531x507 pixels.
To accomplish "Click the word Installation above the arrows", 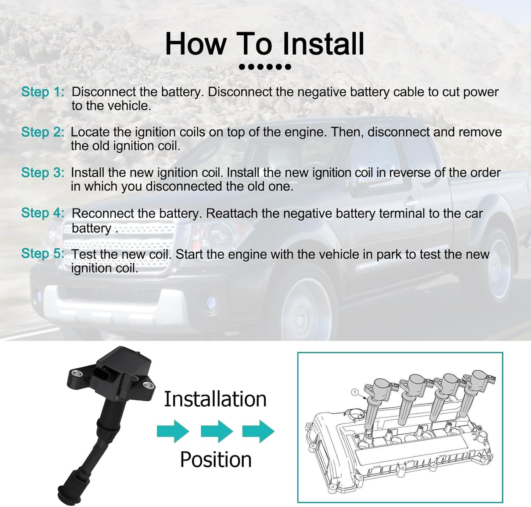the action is [215, 399].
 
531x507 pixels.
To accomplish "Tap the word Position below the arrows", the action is [216, 460].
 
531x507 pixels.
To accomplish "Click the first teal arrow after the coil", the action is [173, 431].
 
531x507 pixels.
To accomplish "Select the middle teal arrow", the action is [217, 431].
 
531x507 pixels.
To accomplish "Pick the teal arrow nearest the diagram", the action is [258, 431].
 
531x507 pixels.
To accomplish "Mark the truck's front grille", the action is [119, 245].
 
